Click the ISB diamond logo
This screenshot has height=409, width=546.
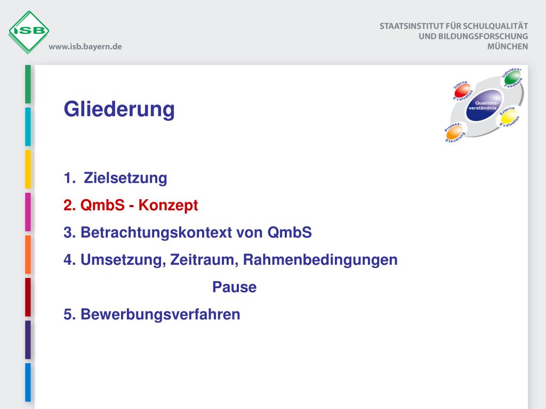[x=29, y=31]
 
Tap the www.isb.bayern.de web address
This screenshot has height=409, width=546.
[x=85, y=47]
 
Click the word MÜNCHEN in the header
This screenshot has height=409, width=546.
[x=508, y=46]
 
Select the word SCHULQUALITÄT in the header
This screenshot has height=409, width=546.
[x=495, y=26]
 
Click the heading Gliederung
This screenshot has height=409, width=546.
[x=119, y=109]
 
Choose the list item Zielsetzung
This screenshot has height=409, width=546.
[x=125, y=178]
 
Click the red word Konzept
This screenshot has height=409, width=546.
[x=168, y=206]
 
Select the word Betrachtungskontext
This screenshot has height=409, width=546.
[x=172, y=233]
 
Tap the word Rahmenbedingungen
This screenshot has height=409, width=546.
[x=320, y=260]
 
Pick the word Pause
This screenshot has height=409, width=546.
[x=234, y=288]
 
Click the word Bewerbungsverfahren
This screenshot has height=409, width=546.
[x=160, y=315]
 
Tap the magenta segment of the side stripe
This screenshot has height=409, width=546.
[x=28, y=212]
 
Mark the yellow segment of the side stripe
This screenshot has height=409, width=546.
[x=28, y=169]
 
